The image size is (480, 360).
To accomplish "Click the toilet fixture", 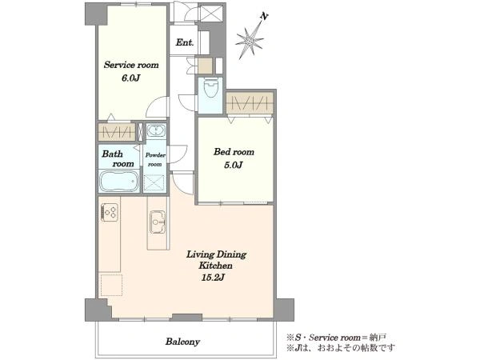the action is coord(210,87).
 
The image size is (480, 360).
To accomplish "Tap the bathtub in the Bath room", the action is coord(119,181).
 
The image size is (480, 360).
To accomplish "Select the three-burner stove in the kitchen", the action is coord(110,212).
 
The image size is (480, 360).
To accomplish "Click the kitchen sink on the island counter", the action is coord(158,222).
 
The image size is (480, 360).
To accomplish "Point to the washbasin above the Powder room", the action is coord(156,130).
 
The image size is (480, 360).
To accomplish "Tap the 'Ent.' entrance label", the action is coord(185,42).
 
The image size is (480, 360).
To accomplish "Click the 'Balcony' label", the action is coord(182,342).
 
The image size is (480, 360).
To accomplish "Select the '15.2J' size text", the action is coord(214,278).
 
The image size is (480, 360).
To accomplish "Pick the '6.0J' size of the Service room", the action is coord(131,78).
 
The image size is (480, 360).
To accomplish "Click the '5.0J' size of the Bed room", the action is coord(234,166).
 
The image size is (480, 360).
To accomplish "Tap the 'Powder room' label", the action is coord(155,159).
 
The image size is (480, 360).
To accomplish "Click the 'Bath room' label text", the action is coord(118,158).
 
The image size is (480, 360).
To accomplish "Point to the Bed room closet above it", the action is coord(250,103).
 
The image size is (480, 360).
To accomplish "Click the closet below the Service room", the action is coord(117,132).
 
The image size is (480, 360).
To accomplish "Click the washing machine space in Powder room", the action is coord(154,182).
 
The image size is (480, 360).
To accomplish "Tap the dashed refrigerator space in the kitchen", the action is coord(112,285).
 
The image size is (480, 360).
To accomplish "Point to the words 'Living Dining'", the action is coord(217,254).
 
